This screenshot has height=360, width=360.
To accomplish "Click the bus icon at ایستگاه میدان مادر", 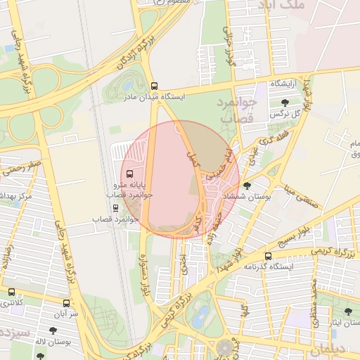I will (x=154, y=86).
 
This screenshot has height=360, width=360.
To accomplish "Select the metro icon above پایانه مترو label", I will (x=129, y=173).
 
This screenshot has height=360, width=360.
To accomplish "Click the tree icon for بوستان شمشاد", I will (x=247, y=185).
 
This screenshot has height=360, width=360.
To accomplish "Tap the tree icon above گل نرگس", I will (x=284, y=103).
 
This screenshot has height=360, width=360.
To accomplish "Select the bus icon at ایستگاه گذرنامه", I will (x=268, y=256).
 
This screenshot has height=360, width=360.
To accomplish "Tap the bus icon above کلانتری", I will (x=11, y=292).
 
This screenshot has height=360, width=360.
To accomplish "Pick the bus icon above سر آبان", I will (x=66, y=303).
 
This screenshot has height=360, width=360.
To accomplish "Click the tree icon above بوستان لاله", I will (x=53, y=330).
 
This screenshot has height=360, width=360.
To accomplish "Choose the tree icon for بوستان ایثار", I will (x=348, y=311).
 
